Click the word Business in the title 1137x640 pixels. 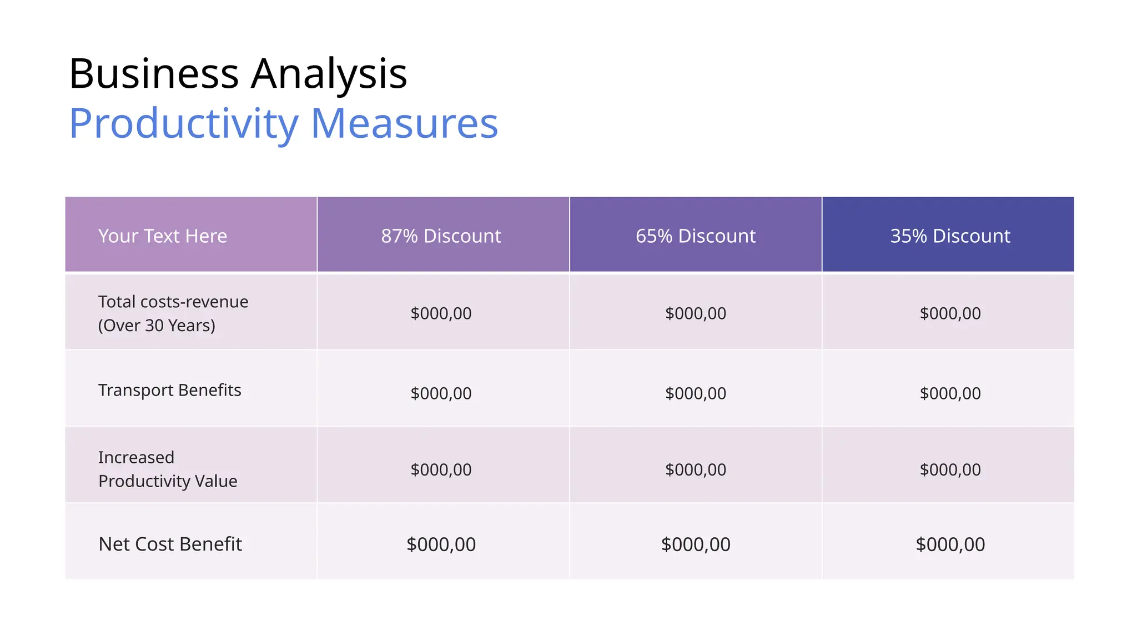[x=154, y=73]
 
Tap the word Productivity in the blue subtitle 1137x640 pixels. [x=184, y=123]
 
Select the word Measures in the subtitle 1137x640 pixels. [x=404, y=123]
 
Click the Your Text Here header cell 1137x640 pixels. [x=163, y=236]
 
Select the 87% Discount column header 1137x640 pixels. [x=441, y=236]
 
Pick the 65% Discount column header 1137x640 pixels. [x=696, y=236]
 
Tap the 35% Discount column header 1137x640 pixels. [x=950, y=236]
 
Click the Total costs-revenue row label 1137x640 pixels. [x=173, y=302]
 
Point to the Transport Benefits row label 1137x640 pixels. [x=170, y=390]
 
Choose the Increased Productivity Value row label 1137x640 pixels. [x=168, y=469]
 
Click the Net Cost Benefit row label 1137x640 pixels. [x=170, y=544]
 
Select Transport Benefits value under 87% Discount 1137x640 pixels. [x=441, y=393]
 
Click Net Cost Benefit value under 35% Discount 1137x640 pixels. [x=950, y=544]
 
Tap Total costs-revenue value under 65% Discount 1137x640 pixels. [x=696, y=313]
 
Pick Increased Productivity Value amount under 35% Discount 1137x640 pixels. [x=950, y=469]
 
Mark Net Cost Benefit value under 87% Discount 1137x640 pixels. [x=441, y=544]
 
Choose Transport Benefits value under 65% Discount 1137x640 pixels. [x=696, y=393]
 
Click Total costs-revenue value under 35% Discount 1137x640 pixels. [x=950, y=313]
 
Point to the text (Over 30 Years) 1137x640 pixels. [x=157, y=326]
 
